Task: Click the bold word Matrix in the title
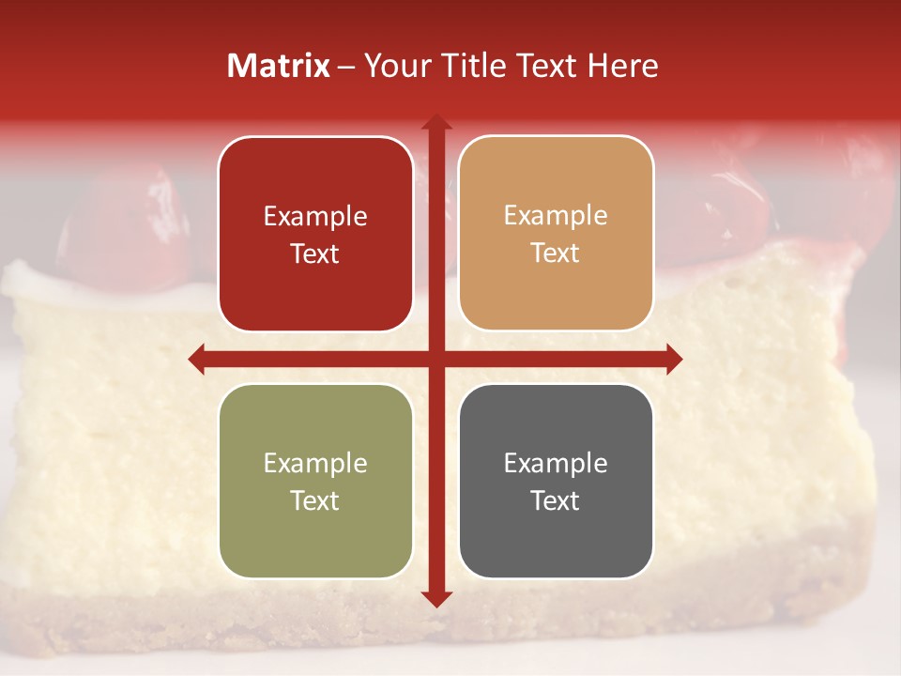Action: point(279,66)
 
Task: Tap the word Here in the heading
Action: point(622,66)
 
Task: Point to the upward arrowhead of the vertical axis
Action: point(435,121)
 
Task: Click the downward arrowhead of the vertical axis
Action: point(435,599)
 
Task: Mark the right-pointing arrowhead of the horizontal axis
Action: point(674,359)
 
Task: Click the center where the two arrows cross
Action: point(435,359)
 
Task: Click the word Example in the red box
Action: point(315,216)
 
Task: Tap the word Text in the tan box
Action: point(556,253)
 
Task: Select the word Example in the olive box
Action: point(315,463)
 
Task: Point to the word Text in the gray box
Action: point(556,501)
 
